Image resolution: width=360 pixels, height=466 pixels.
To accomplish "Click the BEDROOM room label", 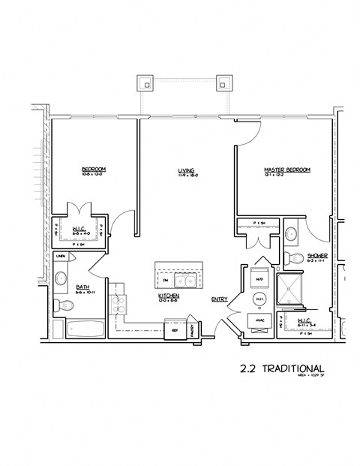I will click(x=94, y=170).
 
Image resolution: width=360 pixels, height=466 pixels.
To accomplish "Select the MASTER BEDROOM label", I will click(x=286, y=170).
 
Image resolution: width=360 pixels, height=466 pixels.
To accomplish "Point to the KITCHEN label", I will click(x=167, y=296).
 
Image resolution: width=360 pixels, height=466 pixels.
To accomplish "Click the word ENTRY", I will click(x=219, y=299).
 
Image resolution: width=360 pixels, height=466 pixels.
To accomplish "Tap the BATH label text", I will click(x=82, y=287).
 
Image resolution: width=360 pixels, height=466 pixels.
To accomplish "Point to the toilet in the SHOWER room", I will click(x=294, y=259).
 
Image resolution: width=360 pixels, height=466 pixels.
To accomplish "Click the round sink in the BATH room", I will click(x=59, y=278).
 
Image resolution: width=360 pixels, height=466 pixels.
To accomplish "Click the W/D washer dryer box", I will click(x=260, y=279).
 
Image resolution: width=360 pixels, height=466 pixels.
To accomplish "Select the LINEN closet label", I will click(x=61, y=257).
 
